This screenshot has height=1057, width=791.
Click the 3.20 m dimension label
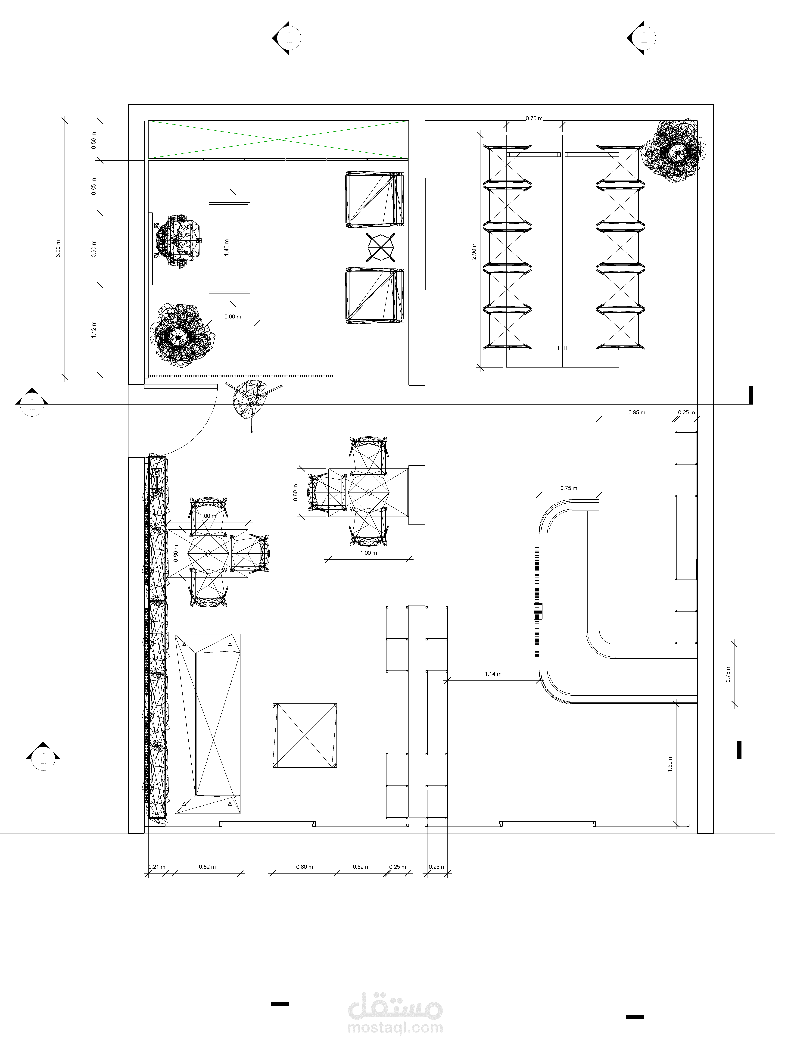coord(58,249)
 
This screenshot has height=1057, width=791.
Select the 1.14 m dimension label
coord(493,674)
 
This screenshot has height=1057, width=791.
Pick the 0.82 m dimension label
coord(207,866)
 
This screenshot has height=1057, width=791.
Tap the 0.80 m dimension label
coord(304,866)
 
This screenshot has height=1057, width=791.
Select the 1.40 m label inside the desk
coord(227,248)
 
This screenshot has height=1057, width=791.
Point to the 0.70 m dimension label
coord(534,118)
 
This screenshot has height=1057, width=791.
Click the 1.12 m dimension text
coord(94,330)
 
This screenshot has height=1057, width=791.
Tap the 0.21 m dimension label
coord(156,866)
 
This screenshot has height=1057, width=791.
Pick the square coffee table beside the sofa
coord(304,742)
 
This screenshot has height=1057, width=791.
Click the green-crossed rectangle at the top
coord(278,140)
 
